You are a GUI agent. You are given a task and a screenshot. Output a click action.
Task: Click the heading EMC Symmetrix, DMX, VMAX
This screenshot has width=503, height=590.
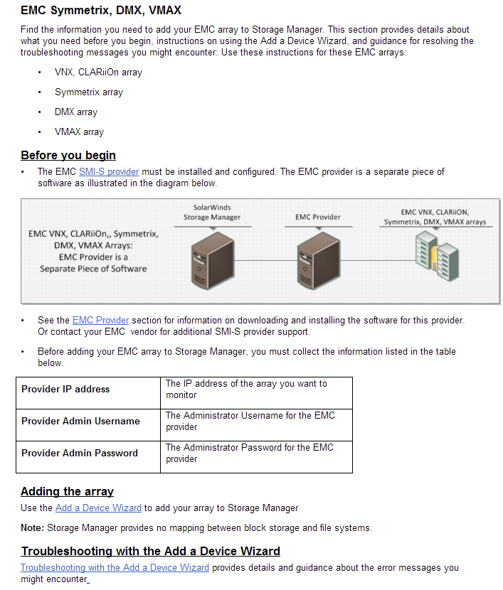tap(100, 11)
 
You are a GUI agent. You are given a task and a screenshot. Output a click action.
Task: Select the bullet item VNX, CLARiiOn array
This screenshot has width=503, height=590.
tap(98, 73)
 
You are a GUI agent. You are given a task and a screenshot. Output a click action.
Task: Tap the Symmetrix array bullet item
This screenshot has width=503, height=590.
tap(88, 92)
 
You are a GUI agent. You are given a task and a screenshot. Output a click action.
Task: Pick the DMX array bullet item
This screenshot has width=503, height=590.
tap(75, 112)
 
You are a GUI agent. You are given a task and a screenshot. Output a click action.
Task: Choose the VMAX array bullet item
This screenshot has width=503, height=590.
tap(79, 132)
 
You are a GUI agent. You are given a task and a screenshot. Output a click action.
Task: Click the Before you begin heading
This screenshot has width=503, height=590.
tap(68, 156)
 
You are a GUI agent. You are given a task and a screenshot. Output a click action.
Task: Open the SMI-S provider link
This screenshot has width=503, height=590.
tap(109, 172)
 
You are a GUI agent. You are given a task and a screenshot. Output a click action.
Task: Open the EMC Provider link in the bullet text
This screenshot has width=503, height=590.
tap(100, 321)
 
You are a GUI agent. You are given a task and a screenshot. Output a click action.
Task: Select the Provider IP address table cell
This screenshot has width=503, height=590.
tap(65, 390)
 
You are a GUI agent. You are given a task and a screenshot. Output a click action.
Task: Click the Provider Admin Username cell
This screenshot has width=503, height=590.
tap(80, 422)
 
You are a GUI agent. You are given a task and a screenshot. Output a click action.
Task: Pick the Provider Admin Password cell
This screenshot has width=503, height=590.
tap(80, 454)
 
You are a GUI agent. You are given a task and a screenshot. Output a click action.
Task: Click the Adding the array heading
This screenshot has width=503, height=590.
tap(67, 492)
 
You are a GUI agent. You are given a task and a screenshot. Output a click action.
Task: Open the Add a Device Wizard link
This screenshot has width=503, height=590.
tap(98, 508)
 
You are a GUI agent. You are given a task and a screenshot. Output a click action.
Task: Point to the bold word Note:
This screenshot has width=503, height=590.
tap(33, 528)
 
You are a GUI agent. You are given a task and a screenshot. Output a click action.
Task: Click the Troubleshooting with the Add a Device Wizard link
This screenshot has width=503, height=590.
tap(115, 568)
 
